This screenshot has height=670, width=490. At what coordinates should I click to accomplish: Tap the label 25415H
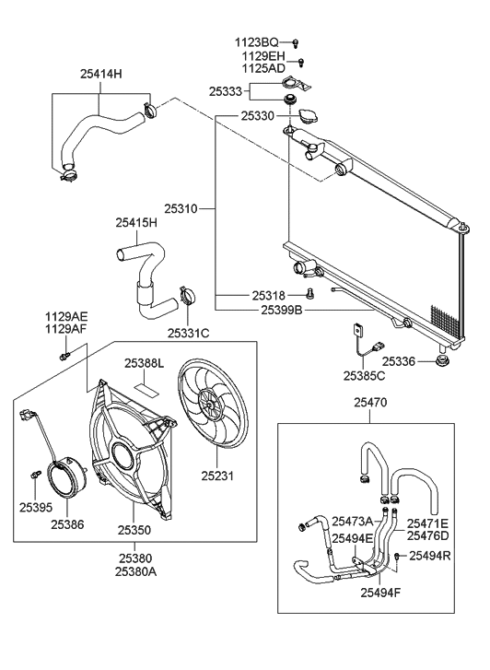pyautogui.click(x=136, y=222)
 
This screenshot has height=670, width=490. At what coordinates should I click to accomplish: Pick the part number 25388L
pyautogui.click(x=144, y=363)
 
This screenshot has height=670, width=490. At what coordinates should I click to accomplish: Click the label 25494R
pyautogui.click(x=431, y=555)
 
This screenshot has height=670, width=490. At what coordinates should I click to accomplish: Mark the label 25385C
pyautogui.click(x=364, y=376)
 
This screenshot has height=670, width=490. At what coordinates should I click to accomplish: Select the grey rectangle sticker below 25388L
pyautogui.click(x=144, y=383)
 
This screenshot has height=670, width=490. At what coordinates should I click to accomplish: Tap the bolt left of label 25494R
pyautogui.click(x=397, y=556)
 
